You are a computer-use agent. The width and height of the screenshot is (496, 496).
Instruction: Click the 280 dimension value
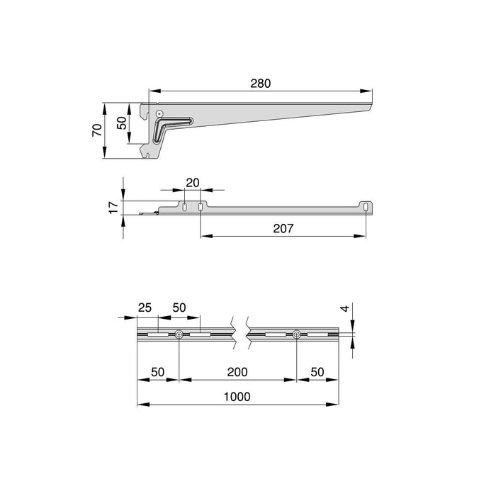[x=260, y=83]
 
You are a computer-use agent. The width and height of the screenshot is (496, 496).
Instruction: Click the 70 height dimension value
[x=96, y=130]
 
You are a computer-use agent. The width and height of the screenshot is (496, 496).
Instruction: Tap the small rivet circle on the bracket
[x=160, y=113]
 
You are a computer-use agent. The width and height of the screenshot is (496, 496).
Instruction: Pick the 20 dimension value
[x=191, y=182]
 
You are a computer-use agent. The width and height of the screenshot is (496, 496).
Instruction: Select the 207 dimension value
[x=282, y=228]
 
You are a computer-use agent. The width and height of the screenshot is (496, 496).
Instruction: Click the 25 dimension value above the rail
[x=144, y=309]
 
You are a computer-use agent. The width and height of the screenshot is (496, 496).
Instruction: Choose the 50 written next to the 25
[x=179, y=309]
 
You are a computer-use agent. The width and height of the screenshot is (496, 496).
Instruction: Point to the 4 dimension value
[x=343, y=310]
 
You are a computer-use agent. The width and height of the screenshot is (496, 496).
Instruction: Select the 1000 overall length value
[x=237, y=397]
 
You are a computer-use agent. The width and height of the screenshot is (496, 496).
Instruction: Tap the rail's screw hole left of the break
[x=179, y=334]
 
